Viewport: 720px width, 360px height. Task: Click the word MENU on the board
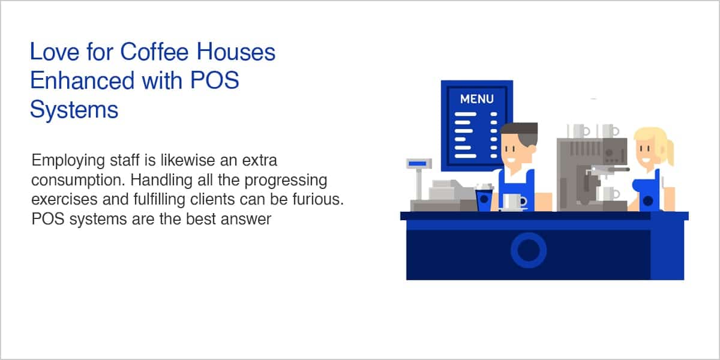tap(476, 99)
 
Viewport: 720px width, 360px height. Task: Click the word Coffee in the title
tap(154, 52)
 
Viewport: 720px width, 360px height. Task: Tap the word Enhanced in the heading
tap(82, 80)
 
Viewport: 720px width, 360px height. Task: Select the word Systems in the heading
tap(74, 110)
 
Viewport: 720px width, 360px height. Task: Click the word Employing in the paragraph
tap(68, 161)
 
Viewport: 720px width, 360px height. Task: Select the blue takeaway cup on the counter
tap(484, 199)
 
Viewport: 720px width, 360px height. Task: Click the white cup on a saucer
tap(514, 202)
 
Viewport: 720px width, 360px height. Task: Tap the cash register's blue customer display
tap(418, 164)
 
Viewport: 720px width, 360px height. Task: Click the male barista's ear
tap(532, 149)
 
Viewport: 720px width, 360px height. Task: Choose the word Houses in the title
tap(236, 52)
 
